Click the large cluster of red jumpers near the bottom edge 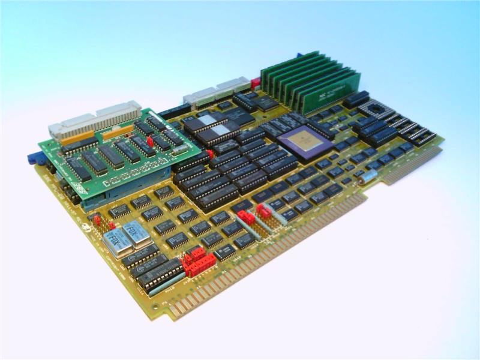[199, 262]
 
